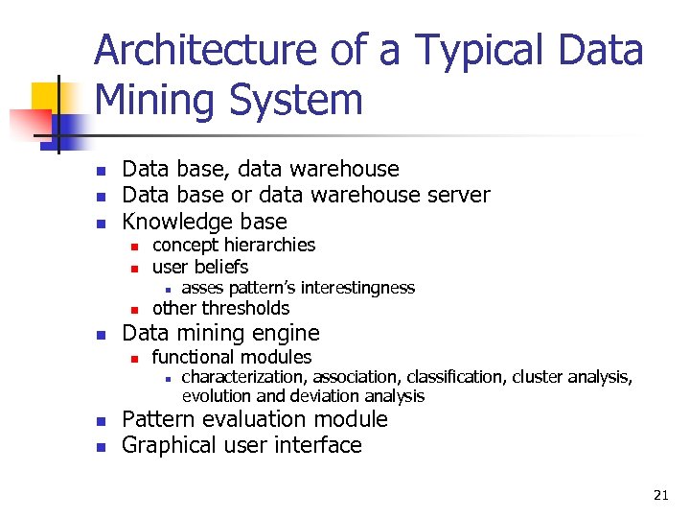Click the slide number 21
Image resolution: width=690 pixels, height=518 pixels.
[660, 495]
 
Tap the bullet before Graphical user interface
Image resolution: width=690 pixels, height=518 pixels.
[101, 447]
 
